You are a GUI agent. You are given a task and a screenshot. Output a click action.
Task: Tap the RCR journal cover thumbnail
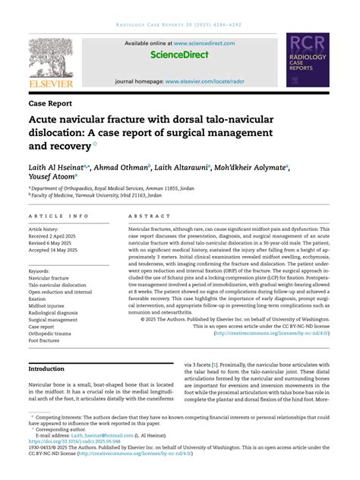point(308,60)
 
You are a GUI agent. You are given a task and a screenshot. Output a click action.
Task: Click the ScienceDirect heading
point(180,55)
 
